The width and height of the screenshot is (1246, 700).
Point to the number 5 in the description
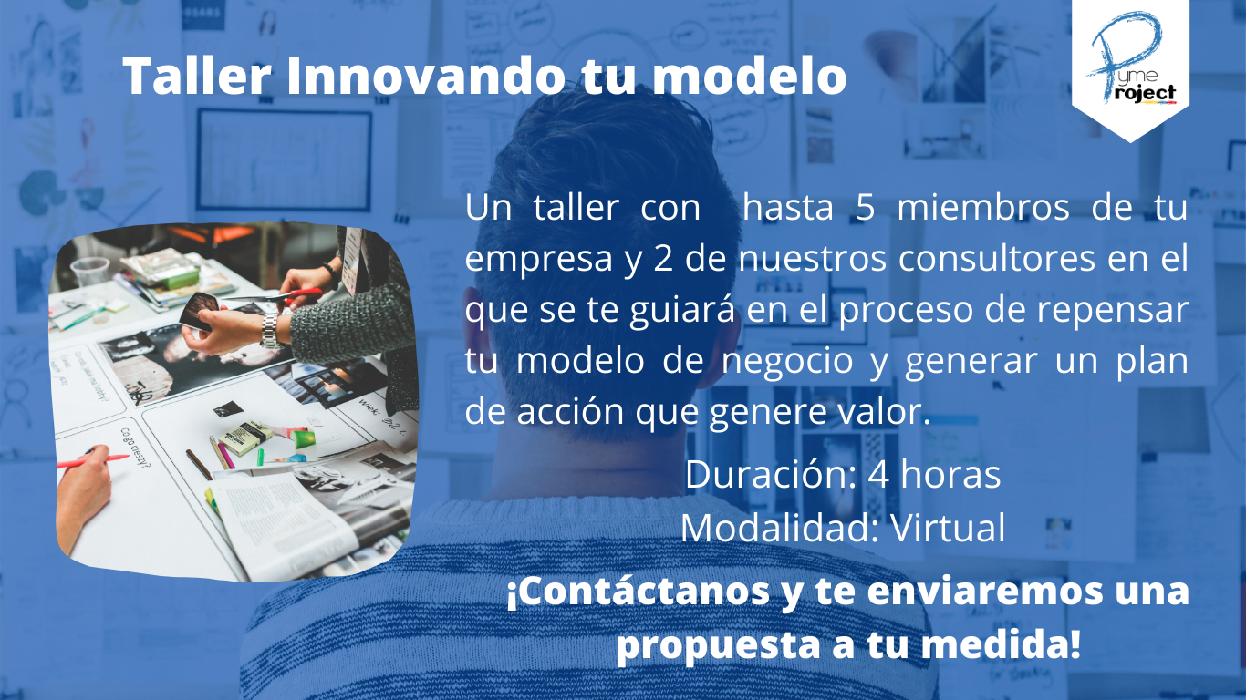click(866, 208)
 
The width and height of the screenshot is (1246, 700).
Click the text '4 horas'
click(934, 475)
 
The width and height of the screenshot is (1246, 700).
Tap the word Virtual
click(948, 528)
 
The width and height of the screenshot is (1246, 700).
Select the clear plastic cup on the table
click(89, 271)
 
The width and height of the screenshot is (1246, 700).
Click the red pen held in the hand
click(92, 461)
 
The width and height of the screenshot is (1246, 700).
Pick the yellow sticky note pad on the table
click(244, 437)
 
